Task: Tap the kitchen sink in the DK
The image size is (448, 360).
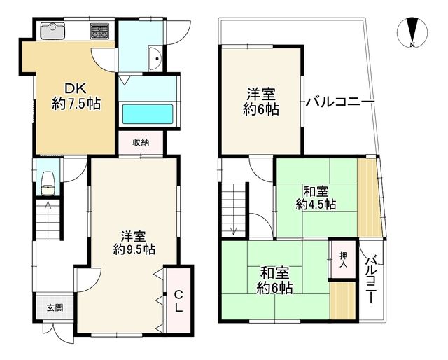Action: [x=52, y=31]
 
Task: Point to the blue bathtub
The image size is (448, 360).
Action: [x=148, y=113]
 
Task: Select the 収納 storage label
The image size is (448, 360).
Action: [x=141, y=143]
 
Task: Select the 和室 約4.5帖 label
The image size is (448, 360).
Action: [x=315, y=197]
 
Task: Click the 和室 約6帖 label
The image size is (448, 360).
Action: [x=274, y=280]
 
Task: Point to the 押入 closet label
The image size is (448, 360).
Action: [x=344, y=262]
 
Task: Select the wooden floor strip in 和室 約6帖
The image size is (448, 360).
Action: [x=343, y=299]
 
